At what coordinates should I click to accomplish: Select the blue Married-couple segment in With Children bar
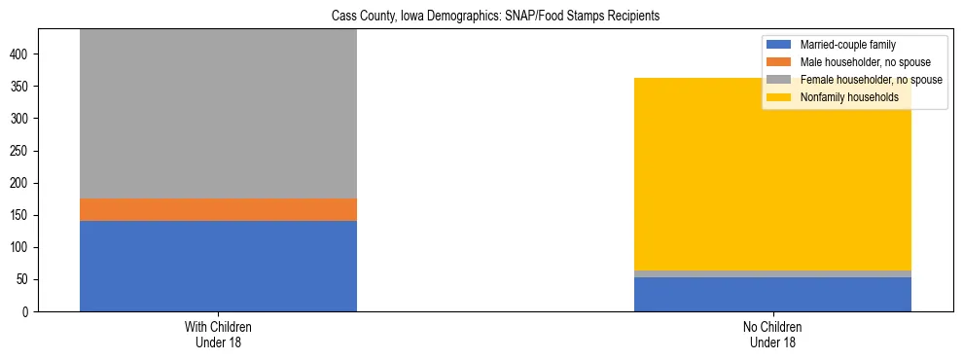coord(218,266)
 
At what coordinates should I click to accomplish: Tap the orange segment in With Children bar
coord(218,209)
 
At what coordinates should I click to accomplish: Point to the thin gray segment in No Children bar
coord(772,273)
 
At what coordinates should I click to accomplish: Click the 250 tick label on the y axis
coord(23,151)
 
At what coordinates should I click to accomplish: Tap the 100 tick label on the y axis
coord(23,247)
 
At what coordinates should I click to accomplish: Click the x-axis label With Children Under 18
coord(218,334)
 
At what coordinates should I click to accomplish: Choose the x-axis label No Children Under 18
coord(772,334)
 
